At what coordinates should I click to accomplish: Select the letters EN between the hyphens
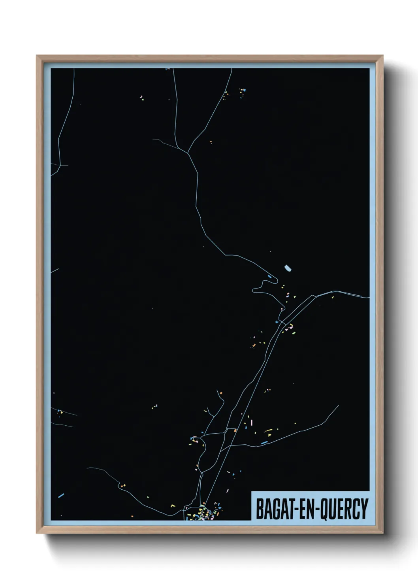[x=305, y=509]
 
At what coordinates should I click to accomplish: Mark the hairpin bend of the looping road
[x=254, y=291]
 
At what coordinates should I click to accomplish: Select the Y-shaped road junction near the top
[x=187, y=152]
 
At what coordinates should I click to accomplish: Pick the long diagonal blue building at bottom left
[x=61, y=495]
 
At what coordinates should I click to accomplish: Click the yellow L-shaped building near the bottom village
[x=173, y=505]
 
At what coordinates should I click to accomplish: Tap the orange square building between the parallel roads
[x=235, y=430]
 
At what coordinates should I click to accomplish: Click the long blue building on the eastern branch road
[x=264, y=443]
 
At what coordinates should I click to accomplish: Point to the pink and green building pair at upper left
[x=142, y=97]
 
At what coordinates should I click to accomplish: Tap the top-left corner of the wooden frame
[x=37, y=56]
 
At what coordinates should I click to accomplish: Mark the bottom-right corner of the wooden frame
[x=382, y=533]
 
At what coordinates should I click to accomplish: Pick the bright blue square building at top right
[x=244, y=91]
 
